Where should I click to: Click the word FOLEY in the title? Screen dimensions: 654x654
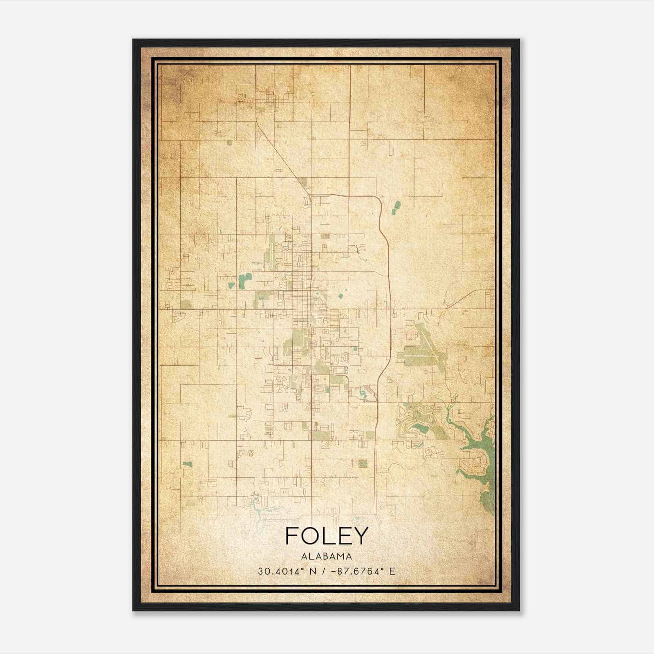pos(327,536)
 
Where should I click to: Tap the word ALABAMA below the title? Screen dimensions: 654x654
pos(327,556)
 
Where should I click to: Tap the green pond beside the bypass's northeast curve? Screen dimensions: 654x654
pos(396,208)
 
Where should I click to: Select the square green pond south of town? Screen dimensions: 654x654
pos(362,464)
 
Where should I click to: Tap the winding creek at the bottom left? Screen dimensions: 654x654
pos(262,509)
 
